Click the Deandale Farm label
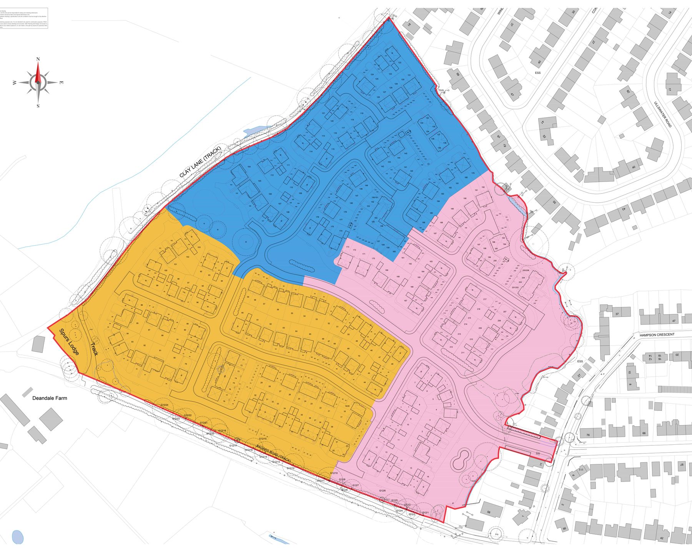tap(50, 398)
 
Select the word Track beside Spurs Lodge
tap(94, 349)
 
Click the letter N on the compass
tap(38, 59)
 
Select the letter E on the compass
tap(61, 83)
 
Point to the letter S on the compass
tap(38, 106)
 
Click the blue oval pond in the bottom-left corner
tap(17, 537)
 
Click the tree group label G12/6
tap(382, 491)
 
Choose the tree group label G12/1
tap(425, 513)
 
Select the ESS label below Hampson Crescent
tap(580, 361)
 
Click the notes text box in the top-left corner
tap(24, 18)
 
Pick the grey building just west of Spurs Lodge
tap(38, 344)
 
